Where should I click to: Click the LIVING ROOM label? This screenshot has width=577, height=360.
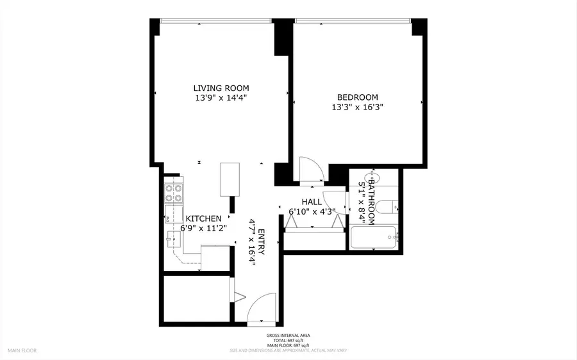click(x=221, y=88)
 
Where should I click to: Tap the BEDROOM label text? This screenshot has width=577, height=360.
click(x=355, y=97)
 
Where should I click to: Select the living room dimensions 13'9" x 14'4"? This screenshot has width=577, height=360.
click(x=221, y=99)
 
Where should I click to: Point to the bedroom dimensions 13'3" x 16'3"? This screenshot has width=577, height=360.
click(x=355, y=108)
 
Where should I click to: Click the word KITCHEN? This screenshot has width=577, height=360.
click(x=204, y=218)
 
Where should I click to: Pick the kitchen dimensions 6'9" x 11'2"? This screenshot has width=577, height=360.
click(x=204, y=228)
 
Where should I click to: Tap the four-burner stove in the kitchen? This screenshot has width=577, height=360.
click(x=173, y=193)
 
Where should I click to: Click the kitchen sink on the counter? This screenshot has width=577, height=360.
click(x=172, y=241)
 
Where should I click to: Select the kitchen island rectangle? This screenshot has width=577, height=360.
click(x=230, y=179)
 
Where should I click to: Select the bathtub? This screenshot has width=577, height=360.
click(x=374, y=238)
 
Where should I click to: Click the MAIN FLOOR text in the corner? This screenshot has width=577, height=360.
click(x=23, y=351)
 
